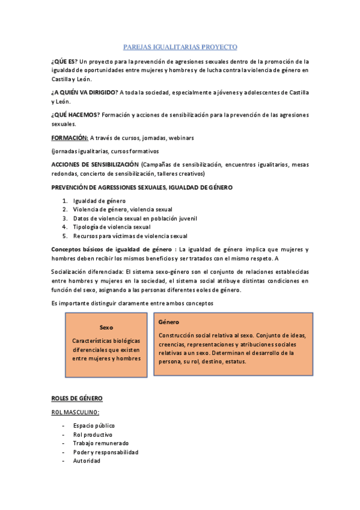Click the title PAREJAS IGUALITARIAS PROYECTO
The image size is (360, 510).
click(180, 46)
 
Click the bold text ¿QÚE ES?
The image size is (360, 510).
click(64, 61)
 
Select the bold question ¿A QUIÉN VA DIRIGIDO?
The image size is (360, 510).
click(84, 92)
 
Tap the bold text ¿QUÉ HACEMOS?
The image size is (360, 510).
click(75, 115)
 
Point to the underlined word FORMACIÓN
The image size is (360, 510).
click(69, 138)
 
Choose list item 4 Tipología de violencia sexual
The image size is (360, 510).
click(111, 227)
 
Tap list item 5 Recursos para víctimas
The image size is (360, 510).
click(130, 236)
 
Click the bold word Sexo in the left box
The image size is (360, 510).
click(106, 328)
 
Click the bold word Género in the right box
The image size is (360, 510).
click(169, 322)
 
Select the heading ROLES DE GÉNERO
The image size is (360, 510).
click(77, 398)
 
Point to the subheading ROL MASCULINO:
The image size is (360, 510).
click(75, 412)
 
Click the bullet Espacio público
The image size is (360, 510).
click(94, 426)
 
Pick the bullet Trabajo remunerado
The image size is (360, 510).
click(100, 443)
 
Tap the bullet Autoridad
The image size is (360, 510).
click(87, 461)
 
